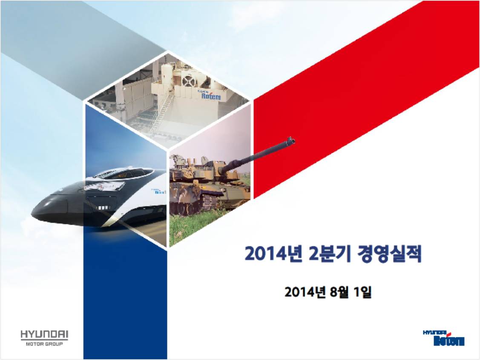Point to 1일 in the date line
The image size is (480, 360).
[x=362, y=292]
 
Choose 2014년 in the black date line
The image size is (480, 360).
[x=304, y=292]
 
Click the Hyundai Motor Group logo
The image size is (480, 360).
[x=44, y=338]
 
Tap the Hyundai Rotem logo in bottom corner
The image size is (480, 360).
[x=443, y=338]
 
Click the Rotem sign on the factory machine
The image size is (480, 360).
[x=211, y=96]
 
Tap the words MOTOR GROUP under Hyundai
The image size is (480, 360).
[x=44, y=344]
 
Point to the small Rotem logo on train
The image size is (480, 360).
[x=159, y=191]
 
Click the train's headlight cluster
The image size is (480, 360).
[x=103, y=208]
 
